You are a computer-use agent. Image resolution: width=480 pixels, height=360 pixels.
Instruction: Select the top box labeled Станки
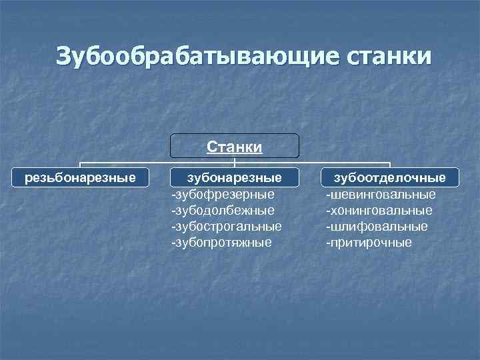234,146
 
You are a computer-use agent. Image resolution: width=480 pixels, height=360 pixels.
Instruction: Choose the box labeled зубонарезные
234,177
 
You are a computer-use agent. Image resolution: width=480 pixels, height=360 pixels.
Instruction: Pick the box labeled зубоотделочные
390,177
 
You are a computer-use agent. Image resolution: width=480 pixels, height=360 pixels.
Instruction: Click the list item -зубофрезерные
223,194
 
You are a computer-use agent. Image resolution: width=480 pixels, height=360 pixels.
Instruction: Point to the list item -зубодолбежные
223,210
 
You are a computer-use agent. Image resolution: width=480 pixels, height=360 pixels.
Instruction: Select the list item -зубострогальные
227,226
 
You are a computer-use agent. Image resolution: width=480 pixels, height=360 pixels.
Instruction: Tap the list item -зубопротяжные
222,242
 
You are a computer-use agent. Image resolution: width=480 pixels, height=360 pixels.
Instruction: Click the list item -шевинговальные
381,194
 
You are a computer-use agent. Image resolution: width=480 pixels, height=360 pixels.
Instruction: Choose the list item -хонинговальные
379,210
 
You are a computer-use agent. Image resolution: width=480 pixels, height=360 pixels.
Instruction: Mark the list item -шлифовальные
377,226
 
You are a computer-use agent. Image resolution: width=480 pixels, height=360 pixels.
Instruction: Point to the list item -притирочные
369,242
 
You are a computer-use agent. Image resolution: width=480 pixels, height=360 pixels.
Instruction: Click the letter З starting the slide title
64,56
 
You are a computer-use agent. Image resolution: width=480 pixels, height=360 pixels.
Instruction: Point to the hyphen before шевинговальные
327,195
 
